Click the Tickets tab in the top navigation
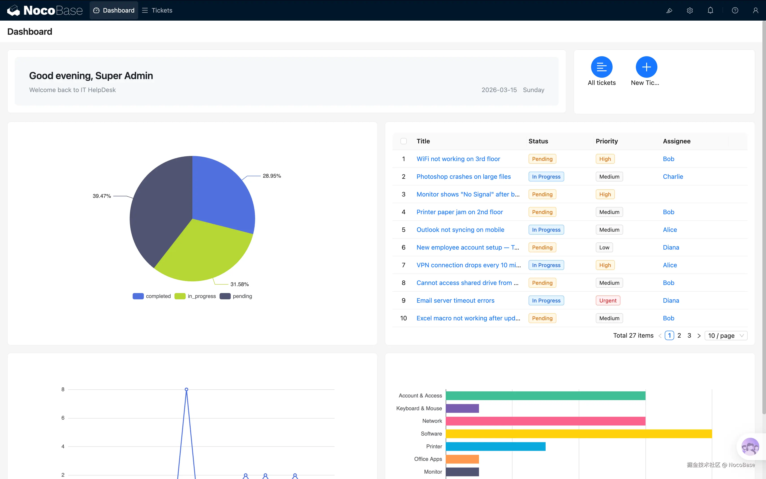coord(157,11)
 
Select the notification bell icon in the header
coord(710,11)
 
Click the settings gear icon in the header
coord(690,11)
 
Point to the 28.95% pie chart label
coord(272,176)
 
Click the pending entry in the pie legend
coord(242,296)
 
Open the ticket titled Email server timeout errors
coord(455,301)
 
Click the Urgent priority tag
coord(607,301)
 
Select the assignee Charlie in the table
coord(673,177)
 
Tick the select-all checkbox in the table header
coord(403,141)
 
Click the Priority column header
coord(606,141)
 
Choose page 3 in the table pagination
coord(689,335)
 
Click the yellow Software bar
coord(579,434)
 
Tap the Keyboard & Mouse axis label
coord(419,408)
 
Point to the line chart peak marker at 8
coord(187,389)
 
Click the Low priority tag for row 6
coord(604,247)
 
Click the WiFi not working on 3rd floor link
coord(458,159)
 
